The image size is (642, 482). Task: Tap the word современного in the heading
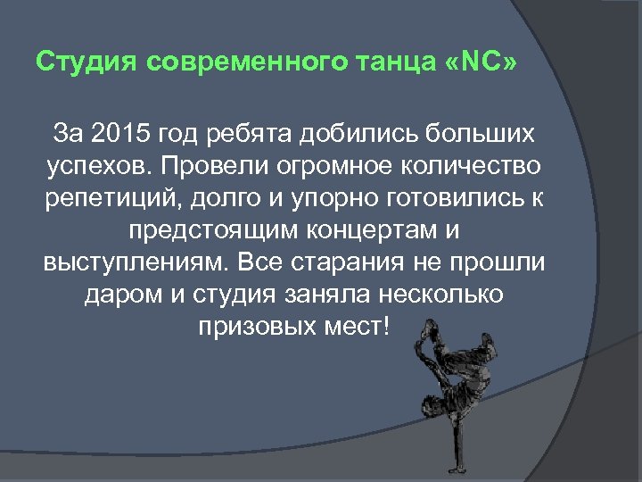(x=236, y=63)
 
